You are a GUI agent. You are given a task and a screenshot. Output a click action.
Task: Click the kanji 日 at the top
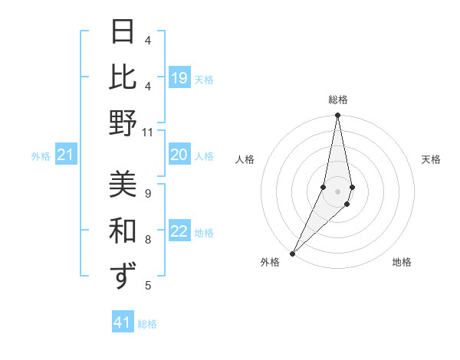click(123, 32)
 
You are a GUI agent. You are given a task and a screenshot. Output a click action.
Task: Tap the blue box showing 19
click(179, 77)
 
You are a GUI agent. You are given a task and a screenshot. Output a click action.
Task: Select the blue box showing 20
click(179, 155)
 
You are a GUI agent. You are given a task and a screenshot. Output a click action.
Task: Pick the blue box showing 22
click(179, 232)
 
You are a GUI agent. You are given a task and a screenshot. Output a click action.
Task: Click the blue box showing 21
click(66, 155)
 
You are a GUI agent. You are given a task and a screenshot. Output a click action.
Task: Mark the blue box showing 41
click(123, 322)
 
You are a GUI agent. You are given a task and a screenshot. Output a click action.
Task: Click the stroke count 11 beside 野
click(147, 133)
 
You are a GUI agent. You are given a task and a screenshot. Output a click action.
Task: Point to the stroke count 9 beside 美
click(147, 192)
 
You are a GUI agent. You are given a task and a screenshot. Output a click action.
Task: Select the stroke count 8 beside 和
click(147, 239)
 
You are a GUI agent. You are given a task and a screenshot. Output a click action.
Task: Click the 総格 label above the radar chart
click(337, 100)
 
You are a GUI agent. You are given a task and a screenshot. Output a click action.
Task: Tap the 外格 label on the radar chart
click(270, 262)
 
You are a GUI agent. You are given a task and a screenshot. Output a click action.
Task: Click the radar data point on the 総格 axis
click(337, 116)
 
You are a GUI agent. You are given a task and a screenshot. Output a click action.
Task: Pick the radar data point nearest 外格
click(293, 253)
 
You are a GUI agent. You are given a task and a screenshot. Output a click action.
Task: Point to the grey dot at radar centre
click(337, 191)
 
